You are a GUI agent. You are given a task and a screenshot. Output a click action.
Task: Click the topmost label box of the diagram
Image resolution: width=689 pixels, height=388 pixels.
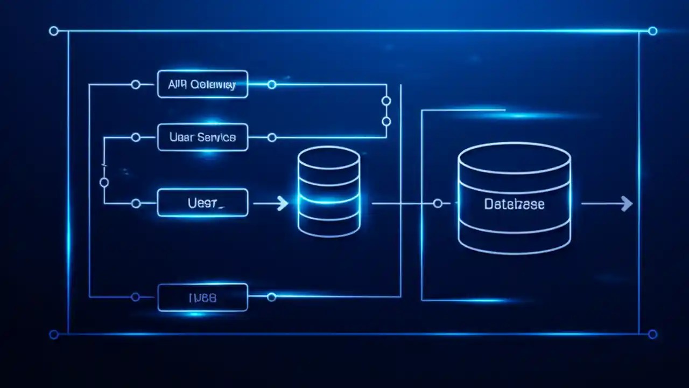coord(202,84)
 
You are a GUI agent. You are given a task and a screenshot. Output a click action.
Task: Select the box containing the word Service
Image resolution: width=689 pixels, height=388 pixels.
coord(202,137)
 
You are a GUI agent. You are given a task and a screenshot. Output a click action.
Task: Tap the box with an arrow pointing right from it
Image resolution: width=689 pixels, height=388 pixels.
coord(202,203)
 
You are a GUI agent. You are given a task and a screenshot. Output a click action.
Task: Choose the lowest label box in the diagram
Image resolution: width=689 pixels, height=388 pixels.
coord(202,297)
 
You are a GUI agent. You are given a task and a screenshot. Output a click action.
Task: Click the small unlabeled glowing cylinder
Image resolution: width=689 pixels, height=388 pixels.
coord(328,192)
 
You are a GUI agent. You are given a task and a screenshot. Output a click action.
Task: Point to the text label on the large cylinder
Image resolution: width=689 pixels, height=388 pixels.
coord(514,204)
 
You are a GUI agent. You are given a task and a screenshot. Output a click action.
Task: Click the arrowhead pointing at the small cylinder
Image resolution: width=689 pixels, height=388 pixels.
coord(282,203)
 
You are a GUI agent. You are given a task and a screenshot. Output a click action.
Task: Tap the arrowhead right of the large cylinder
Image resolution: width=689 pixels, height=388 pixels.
coord(626,203)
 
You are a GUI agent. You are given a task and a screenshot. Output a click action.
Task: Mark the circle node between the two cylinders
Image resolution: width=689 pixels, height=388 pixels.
coord(438,203)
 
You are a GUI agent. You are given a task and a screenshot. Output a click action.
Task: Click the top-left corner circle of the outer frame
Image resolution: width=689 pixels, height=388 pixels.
coord(53,31)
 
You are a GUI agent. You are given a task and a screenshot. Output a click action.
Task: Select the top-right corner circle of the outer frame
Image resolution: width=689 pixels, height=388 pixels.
coord(652,31)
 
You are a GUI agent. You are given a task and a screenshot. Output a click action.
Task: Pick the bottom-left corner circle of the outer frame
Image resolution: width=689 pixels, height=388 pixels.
coord(53,335)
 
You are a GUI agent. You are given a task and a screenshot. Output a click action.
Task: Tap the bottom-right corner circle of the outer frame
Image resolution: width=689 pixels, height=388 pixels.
coord(652,335)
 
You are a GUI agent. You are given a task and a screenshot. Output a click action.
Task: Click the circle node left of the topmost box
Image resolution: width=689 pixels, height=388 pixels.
coord(136,85)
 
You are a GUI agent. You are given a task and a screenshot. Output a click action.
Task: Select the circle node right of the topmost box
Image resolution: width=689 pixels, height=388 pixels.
coord(272,85)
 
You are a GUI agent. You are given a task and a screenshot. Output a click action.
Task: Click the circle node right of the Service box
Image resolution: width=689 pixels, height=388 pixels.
coord(272,137)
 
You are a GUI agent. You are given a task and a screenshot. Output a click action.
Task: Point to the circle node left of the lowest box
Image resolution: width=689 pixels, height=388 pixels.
coord(136,297)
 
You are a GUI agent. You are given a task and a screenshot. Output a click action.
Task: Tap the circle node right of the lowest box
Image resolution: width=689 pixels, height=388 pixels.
coord(272,297)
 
